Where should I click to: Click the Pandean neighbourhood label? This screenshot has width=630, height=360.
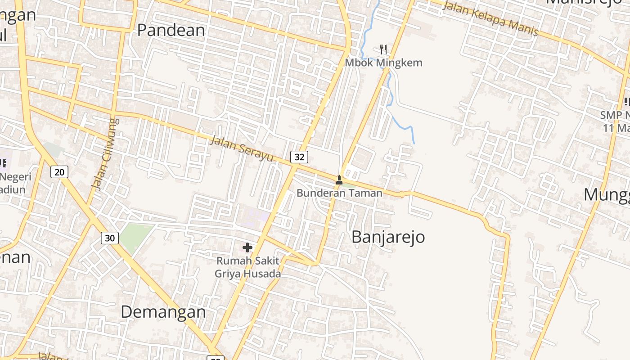[x=171, y=30]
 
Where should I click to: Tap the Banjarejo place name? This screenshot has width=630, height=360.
[x=388, y=237]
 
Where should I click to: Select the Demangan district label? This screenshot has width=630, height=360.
[x=163, y=312]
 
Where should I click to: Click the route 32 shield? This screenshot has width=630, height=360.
[x=299, y=157]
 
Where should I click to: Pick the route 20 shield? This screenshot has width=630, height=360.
[x=59, y=171]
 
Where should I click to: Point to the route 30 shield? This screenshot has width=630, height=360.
[x=110, y=238]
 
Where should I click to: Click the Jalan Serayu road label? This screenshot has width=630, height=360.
[x=242, y=149]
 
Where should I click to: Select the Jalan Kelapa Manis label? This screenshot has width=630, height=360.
[x=490, y=19]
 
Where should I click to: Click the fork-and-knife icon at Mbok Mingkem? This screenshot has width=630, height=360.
[x=383, y=49]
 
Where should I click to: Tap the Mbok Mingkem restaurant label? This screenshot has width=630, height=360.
[x=383, y=63]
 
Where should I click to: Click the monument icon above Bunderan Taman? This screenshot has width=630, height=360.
[x=339, y=180]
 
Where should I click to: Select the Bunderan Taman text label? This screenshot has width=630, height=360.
[x=339, y=193]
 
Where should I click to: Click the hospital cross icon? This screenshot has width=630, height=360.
[x=247, y=247]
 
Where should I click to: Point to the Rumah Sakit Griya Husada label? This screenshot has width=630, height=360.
[x=247, y=267]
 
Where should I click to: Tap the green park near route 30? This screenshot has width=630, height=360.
[x=135, y=236]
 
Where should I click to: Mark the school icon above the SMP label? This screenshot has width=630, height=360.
[x=627, y=102]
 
